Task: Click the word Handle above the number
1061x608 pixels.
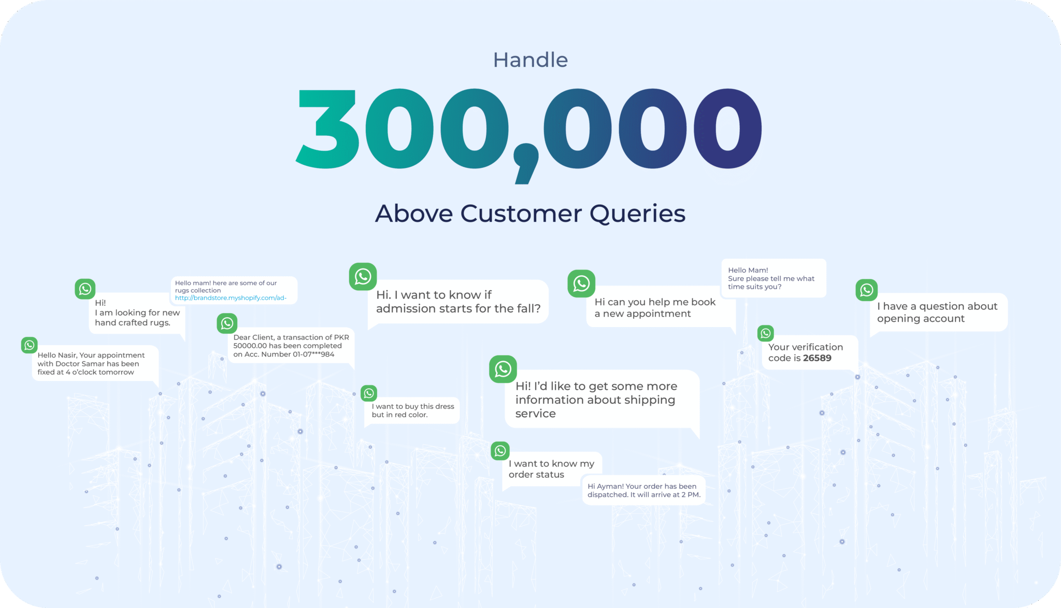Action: pos(530,60)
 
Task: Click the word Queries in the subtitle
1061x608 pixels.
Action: pos(637,214)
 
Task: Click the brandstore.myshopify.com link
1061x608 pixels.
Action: pos(231,298)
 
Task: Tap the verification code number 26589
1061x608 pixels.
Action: pos(817,358)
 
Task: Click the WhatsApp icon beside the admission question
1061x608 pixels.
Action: pos(363,276)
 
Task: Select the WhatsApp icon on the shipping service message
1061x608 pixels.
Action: pos(503,369)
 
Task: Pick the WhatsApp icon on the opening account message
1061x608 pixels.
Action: pos(867,290)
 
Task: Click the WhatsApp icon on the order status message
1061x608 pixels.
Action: pos(500,451)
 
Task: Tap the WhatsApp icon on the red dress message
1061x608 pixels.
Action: pos(369,393)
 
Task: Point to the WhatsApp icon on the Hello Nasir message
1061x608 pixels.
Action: pos(30,345)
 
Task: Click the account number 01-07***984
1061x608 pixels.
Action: pos(313,355)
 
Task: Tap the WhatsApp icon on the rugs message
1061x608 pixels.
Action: pos(85,289)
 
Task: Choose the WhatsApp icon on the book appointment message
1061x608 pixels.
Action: pos(581,284)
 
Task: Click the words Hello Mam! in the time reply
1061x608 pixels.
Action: pos(748,271)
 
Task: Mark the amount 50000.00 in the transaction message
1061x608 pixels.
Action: pos(250,346)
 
